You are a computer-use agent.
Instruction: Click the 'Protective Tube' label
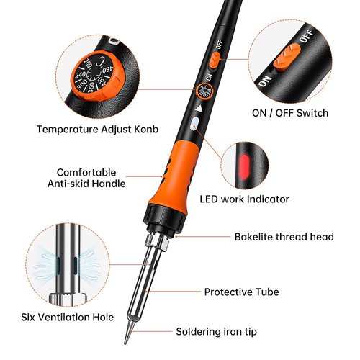pos(241,292)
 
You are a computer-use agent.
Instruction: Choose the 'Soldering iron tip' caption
pos(216,332)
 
